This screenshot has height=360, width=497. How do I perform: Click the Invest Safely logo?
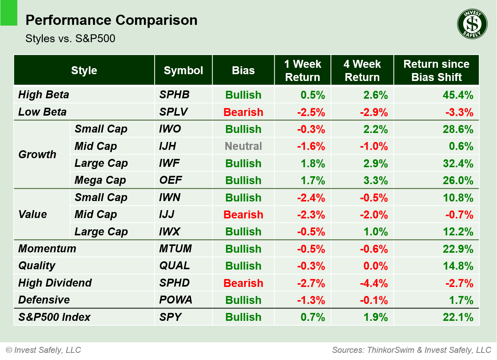(x=472, y=24)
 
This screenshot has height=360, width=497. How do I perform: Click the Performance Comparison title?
(x=111, y=20)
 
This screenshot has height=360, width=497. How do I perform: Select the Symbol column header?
(x=183, y=70)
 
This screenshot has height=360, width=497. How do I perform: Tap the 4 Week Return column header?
(x=362, y=70)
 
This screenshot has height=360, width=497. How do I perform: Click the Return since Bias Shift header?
(x=436, y=70)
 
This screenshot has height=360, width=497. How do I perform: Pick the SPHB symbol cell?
(x=174, y=95)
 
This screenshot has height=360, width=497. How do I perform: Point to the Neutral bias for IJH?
(x=243, y=146)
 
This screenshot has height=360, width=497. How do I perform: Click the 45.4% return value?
(x=457, y=95)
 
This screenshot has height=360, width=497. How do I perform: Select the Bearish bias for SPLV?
(x=243, y=112)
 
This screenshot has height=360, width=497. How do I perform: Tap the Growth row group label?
(x=37, y=154)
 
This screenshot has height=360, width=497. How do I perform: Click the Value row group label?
(x=33, y=214)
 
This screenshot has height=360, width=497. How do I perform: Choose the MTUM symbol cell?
(x=175, y=249)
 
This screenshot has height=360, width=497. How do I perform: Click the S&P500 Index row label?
(x=54, y=317)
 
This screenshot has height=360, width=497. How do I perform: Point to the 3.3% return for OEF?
(x=375, y=180)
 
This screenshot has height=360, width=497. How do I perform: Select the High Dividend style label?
(x=55, y=283)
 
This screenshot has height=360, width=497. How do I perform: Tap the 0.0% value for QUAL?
(x=375, y=266)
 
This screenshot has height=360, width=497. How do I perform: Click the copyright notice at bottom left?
(x=44, y=350)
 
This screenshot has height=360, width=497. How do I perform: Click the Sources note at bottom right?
(x=411, y=350)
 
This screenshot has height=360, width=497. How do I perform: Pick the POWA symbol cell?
(x=175, y=300)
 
